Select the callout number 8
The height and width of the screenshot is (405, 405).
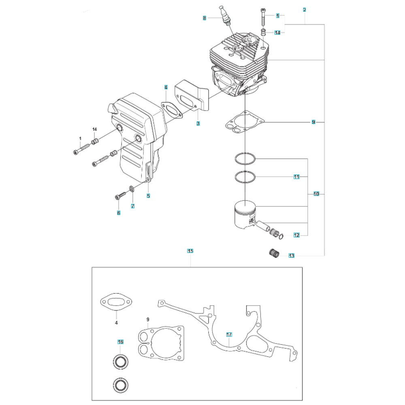[205, 18]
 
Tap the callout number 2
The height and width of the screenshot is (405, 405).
[304, 9]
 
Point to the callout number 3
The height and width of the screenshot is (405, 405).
[198, 123]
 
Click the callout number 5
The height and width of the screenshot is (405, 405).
[148, 196]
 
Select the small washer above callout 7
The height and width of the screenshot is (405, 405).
[132, 189]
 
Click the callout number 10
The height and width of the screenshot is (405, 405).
[316, 194]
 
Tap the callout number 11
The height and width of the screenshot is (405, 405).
[296, 177]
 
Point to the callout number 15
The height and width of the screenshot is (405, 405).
[190, 251]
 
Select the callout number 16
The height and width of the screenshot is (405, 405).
[120, 342]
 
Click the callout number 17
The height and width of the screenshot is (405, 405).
[229, 335]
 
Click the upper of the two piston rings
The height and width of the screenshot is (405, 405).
[245, 159]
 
